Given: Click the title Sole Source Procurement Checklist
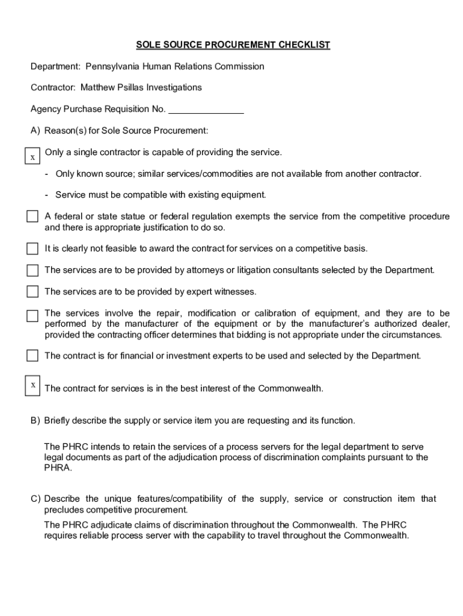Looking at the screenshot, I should coord(233,45).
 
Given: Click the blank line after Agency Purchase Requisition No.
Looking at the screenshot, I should coord(206,109).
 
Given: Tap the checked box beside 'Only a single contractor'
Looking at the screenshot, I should coord(32,156).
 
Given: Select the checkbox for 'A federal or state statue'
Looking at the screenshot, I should coord(32,217).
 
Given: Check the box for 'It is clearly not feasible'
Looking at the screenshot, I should coord(32,249).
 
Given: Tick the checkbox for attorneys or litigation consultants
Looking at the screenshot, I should coord(32,270).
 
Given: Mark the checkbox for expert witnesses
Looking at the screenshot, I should coord(32,292).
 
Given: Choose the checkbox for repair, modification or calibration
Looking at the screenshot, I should coord(32,316).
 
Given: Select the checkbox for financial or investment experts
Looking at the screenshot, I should coord(32,356).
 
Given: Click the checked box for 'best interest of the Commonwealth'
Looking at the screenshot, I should coord(32,385).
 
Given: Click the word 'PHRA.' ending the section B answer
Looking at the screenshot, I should coord(58,468).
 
